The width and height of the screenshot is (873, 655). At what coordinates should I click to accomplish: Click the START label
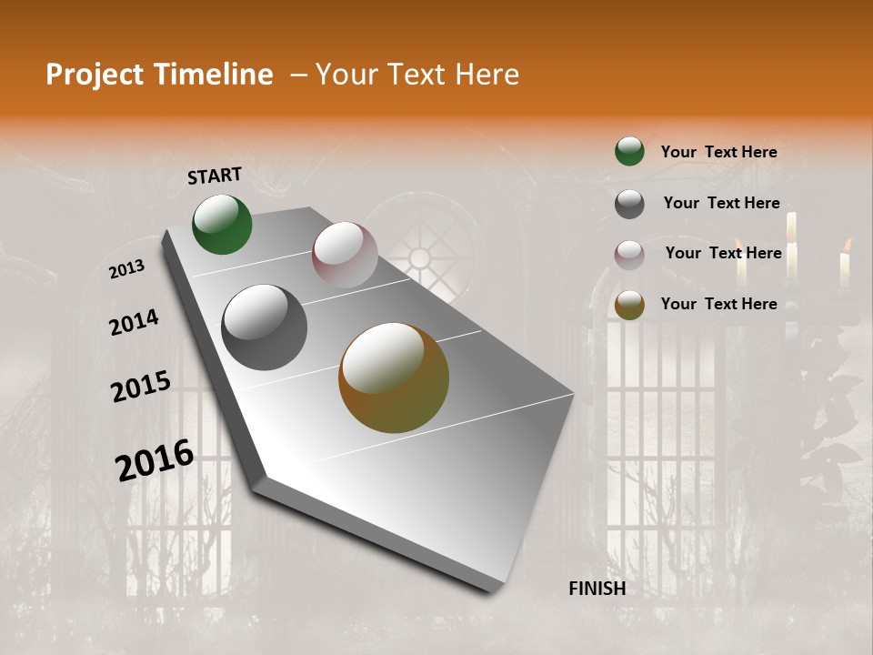click(215, 176)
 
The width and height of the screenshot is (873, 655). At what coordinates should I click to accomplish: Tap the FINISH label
click(597, 589)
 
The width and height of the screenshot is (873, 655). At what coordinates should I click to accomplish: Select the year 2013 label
click(127, 269)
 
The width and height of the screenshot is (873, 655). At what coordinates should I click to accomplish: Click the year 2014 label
click(135, 323)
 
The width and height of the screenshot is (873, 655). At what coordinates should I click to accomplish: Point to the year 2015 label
click(141, 387)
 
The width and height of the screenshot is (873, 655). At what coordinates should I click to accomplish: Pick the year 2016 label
click(156, 460)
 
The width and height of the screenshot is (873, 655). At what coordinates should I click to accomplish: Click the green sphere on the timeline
click(222, 225)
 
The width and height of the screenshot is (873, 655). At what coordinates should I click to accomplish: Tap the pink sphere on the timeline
click(345, 255)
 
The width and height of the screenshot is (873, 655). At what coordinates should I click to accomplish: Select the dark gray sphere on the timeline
click(264, 327)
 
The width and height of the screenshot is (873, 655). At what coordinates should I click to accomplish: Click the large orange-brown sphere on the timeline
click(393, 378)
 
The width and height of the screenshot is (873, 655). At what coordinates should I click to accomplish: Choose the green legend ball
click(629, 151)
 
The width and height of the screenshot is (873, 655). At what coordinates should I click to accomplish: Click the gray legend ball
click(629, 204)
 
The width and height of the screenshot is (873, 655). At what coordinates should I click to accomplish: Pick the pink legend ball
click(629, 255)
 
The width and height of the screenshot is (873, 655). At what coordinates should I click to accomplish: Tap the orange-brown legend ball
click(629, 305)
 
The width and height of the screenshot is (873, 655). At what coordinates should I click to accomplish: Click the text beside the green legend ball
click(718, 153)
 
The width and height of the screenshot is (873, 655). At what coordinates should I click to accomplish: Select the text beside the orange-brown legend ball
click(718, 304)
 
